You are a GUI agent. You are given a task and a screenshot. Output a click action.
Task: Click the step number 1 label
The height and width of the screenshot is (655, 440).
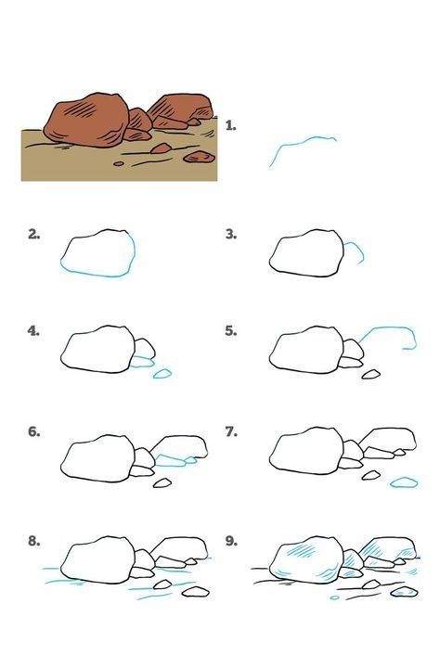(x=230, y=125)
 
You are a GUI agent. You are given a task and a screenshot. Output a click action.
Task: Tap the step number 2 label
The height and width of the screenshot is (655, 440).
(x=34, y=235)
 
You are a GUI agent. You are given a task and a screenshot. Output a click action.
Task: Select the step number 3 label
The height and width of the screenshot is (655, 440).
(x=231, y=235)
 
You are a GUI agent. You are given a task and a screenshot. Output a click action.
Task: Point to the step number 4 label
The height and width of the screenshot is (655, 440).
(x=33, y=331)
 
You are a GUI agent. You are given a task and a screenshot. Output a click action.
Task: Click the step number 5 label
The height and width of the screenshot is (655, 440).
(x=231, y=331)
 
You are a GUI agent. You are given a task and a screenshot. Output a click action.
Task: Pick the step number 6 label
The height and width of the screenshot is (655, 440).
(x=34, y=431)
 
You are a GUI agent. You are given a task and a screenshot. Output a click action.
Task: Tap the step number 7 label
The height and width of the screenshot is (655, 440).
(x=231, y=431)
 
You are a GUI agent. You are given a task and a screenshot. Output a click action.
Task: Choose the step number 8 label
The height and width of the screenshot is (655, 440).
(x=34, y=541)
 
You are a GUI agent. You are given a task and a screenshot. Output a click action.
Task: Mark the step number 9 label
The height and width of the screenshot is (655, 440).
(x=231, y=541)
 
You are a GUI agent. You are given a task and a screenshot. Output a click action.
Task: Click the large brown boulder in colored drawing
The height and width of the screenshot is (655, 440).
(x=86, y=121)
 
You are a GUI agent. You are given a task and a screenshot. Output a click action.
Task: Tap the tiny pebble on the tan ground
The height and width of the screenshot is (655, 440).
(x=119, y=163)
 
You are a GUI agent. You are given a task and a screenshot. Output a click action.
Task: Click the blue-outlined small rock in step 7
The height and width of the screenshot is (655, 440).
(x=404, y=482)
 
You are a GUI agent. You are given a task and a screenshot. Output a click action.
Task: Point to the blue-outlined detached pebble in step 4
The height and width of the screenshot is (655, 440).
(x=162, y=374)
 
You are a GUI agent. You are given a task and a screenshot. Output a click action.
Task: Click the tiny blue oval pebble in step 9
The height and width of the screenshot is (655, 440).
(x=334, y=597)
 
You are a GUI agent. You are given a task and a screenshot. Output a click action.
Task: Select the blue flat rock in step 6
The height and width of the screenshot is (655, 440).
(x=170, y=460)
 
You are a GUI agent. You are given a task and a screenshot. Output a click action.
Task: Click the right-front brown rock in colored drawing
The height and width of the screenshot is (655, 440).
(x=200, y=157)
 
